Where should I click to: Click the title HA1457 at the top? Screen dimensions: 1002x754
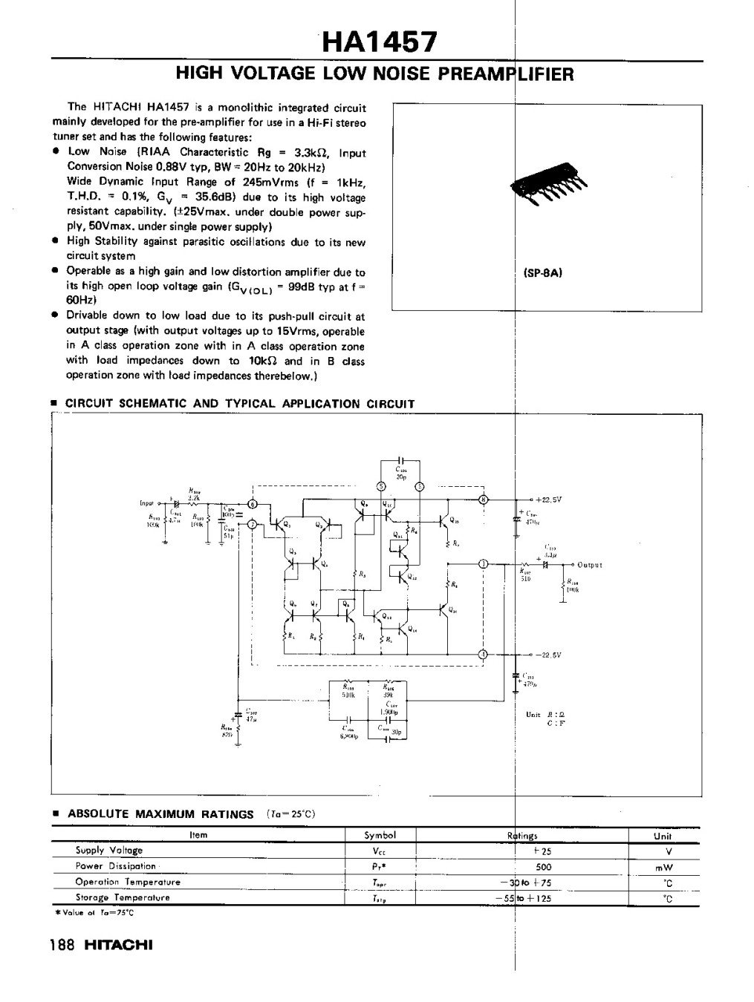tap(377, 43)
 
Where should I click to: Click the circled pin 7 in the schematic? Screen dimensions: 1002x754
tap(253, 525)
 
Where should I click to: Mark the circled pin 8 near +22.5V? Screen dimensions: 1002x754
tap(484, 499)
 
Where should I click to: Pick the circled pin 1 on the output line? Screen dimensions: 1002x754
tap(484, 564)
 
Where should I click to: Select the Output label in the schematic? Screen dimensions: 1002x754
tap(589, 565)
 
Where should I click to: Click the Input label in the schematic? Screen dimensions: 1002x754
tap(147, 502)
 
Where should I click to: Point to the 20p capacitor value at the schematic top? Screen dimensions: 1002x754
tap(400, 477)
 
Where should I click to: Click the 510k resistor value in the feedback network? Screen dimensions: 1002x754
tap(347, 695)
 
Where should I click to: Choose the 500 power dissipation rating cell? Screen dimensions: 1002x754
tap(545, 866)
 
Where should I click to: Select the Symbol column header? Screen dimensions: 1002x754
tap(380, 835)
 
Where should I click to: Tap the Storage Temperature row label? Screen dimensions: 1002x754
tap(123, 897)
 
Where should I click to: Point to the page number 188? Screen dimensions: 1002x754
tap(62, 946)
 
